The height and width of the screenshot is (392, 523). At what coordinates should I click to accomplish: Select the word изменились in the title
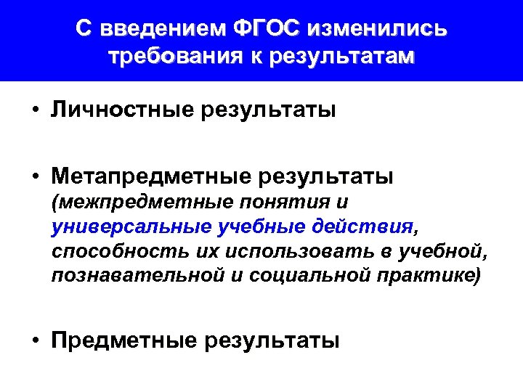378,28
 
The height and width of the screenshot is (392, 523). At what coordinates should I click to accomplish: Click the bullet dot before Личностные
35,111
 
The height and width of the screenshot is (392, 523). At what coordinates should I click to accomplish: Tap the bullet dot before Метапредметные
35,176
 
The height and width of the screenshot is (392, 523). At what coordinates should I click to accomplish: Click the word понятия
266,201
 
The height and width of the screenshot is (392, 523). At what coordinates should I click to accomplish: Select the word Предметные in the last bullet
125,339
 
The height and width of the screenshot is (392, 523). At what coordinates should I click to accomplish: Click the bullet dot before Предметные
35,340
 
